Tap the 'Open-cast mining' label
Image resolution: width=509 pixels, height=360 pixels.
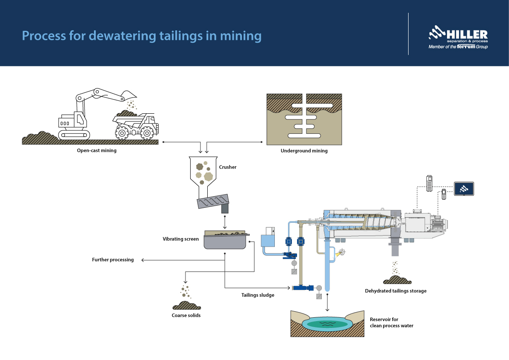point(97,150)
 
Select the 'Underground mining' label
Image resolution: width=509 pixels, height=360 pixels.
point(304,151)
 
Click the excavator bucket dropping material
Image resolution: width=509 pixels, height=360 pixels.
point(129,95)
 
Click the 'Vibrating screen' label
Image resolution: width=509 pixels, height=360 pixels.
point(180,239)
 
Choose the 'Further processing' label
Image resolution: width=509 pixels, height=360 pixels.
point(113,260)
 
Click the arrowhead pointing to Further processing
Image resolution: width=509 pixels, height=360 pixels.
point(143,260)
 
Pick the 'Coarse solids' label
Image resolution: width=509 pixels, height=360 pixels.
point(186,316)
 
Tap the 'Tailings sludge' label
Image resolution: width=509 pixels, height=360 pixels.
point(258,295)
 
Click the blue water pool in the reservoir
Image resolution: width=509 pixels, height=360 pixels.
point(327,324)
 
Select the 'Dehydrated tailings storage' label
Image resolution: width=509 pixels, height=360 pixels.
point(395,291)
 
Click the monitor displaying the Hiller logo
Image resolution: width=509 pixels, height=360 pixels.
point(464,188)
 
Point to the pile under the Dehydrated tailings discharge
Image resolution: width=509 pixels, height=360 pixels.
point(397,280)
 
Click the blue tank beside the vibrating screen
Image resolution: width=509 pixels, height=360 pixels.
point(268,239)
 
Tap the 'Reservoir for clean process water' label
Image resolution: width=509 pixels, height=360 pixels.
point(391,323)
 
